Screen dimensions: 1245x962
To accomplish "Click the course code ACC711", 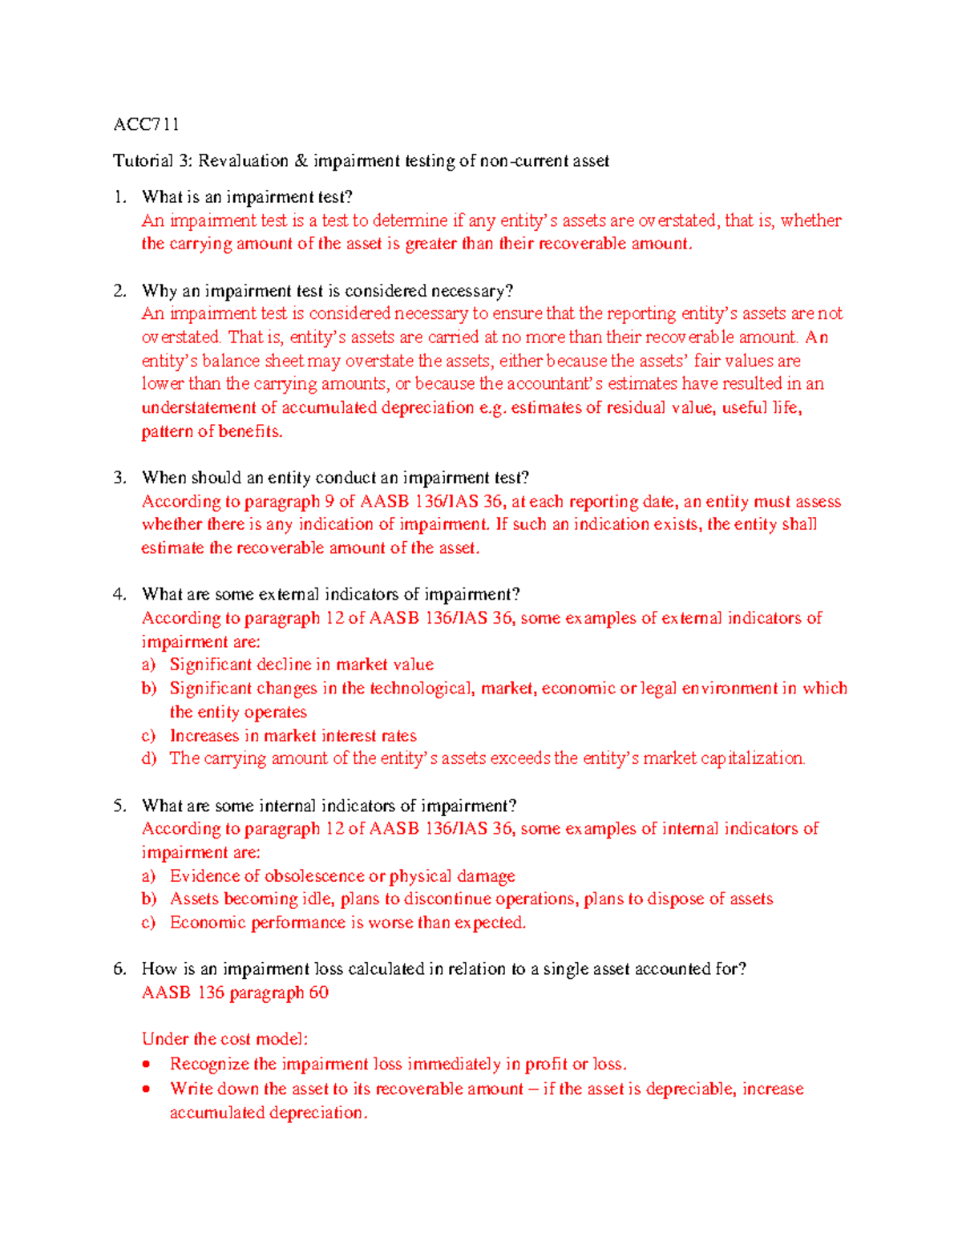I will click(146, 124).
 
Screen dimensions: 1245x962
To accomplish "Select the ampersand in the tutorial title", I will click(301, 161).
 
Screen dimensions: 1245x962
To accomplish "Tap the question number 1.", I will click(119, 197).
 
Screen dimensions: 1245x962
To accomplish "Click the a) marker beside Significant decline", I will click(148, 665).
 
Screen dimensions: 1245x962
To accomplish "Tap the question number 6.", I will click(119, 969).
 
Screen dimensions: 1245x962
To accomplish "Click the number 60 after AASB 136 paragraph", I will click(318, 993).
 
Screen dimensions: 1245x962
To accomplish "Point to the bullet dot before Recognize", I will click(146, 1065).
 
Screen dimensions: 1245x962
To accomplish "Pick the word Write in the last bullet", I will click(190, 1089).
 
